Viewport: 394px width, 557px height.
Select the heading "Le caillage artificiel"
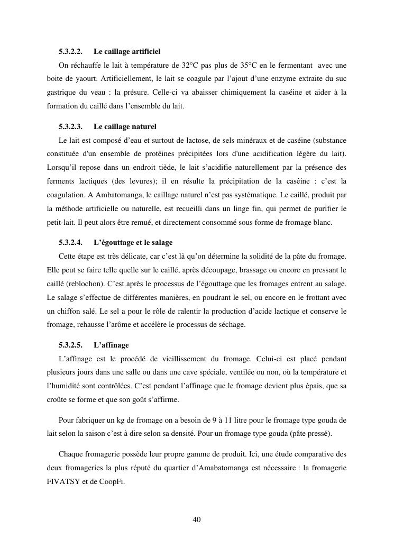[127, 51]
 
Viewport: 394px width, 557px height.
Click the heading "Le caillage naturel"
[125, 127]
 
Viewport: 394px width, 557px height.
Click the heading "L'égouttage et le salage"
[133, 243]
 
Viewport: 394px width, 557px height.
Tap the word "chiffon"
[69, 311]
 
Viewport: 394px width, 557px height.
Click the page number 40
[197, 519]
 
